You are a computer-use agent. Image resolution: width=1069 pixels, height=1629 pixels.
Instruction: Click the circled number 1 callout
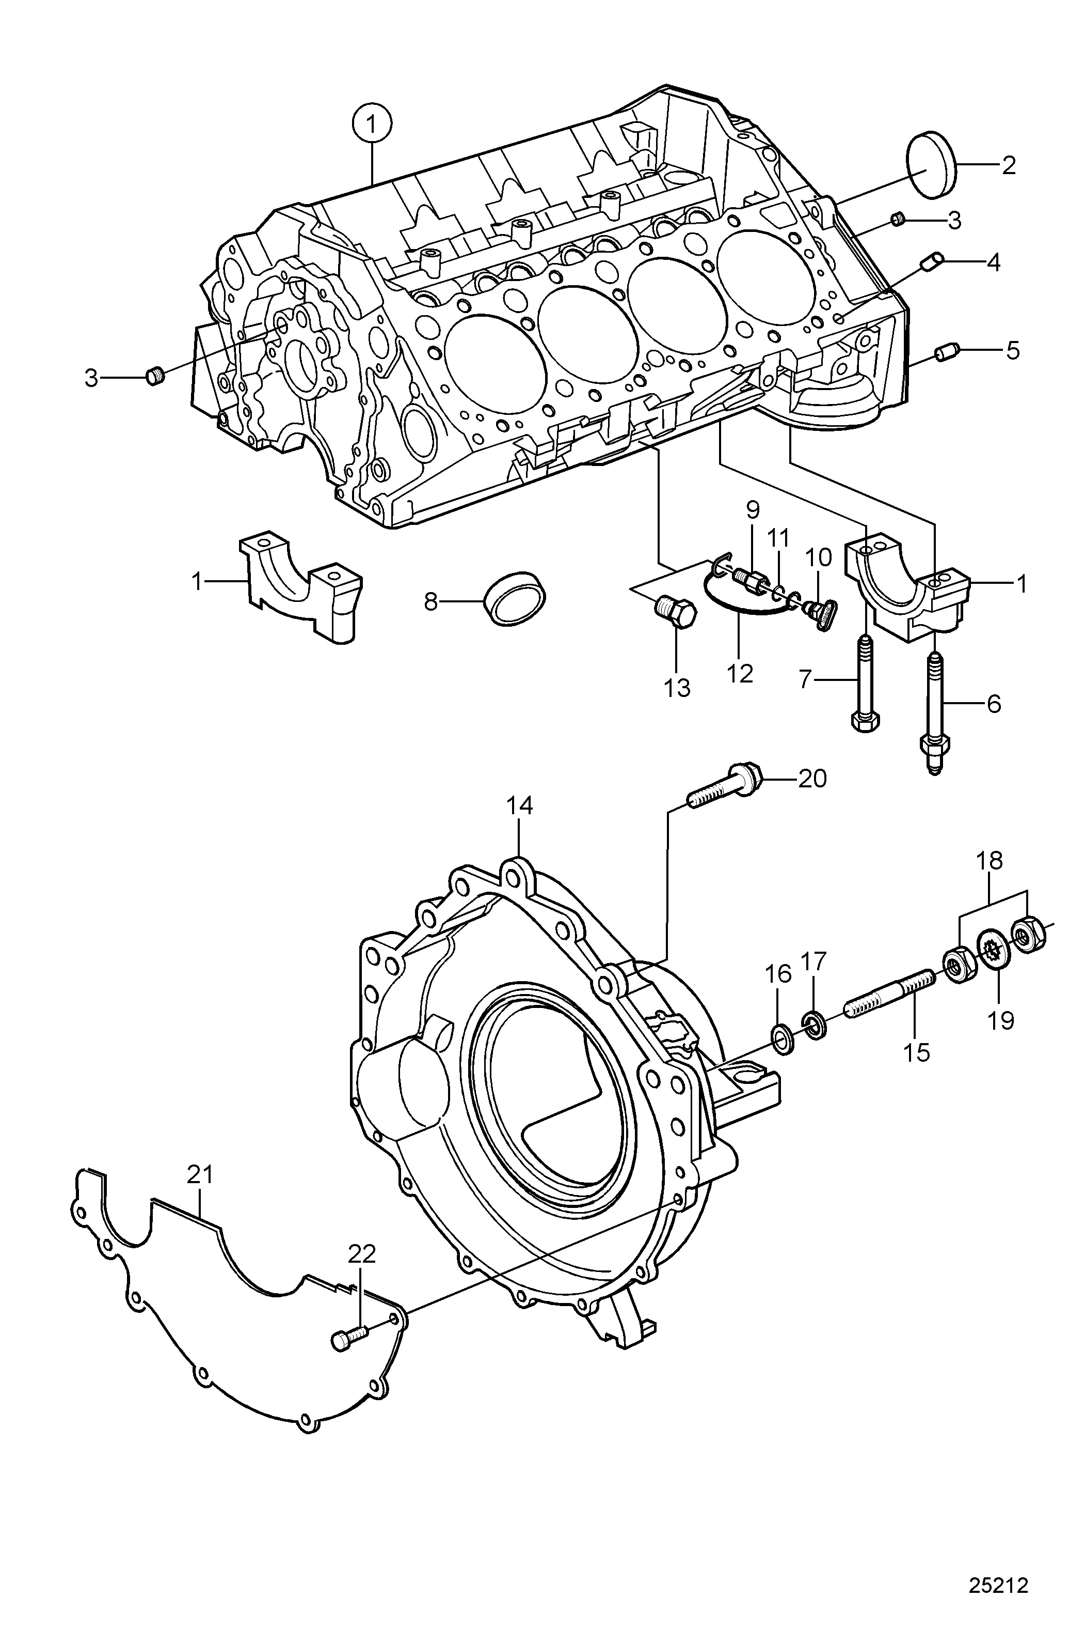coord(372,125)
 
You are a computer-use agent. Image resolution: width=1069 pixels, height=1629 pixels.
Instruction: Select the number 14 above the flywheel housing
coord(519,805)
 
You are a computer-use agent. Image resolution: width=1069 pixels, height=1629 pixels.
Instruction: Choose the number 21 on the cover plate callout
coord(200,1174)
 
